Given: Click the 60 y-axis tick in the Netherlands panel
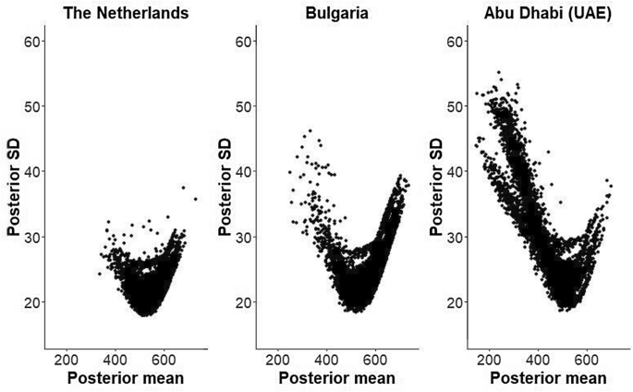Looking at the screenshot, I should click(33, 41).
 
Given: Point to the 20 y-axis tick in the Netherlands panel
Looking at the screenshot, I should click(33, 302).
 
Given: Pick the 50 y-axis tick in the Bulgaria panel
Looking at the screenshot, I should click(244, 106).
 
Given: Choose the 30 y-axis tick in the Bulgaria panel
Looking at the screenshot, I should click(244, 237).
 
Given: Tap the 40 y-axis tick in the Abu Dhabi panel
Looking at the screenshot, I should click(454, 171).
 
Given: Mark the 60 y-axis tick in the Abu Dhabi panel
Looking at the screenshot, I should click(454, 41).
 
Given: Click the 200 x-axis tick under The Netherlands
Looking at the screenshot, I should click(67, 360).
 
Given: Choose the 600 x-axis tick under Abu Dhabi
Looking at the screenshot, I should click(587, 360).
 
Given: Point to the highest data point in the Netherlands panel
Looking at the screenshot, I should click(183, 188).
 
